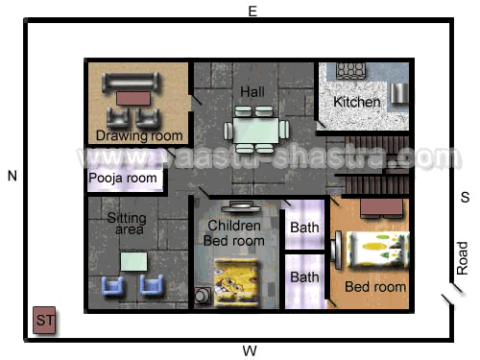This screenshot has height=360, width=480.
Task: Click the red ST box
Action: (x=44, y=320)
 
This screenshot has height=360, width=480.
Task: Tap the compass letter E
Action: (x=252, y=12)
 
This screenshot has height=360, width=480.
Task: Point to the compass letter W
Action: (x=250, y=351)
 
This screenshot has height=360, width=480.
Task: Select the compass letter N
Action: (x=12, y=176)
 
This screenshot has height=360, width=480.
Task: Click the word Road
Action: (x=462, y=258)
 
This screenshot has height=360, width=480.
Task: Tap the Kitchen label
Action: (x=357, y=102)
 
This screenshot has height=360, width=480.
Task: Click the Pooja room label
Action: (x=123, y=178)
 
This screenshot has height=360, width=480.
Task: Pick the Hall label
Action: (x=252, y=92)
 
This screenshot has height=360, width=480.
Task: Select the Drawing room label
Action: (x=139, y=135)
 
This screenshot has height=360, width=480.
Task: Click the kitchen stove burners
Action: (x=351, y=70)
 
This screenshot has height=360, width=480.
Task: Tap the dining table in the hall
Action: (x=256, y=130)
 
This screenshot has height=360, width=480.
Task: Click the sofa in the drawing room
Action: (x=131, y=82)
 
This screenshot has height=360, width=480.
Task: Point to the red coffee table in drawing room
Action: (x=133, y=99)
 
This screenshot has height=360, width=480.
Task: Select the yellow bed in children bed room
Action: (x=236, y=282)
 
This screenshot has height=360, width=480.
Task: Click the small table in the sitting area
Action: (x=133, y=262)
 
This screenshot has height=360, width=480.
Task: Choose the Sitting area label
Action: (x=127, y=224)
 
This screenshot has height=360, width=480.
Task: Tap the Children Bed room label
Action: (x=234, y=233)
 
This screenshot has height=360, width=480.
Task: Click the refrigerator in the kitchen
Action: (x=399, y=93)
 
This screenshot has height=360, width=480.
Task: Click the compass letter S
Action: (x=465, y=197)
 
